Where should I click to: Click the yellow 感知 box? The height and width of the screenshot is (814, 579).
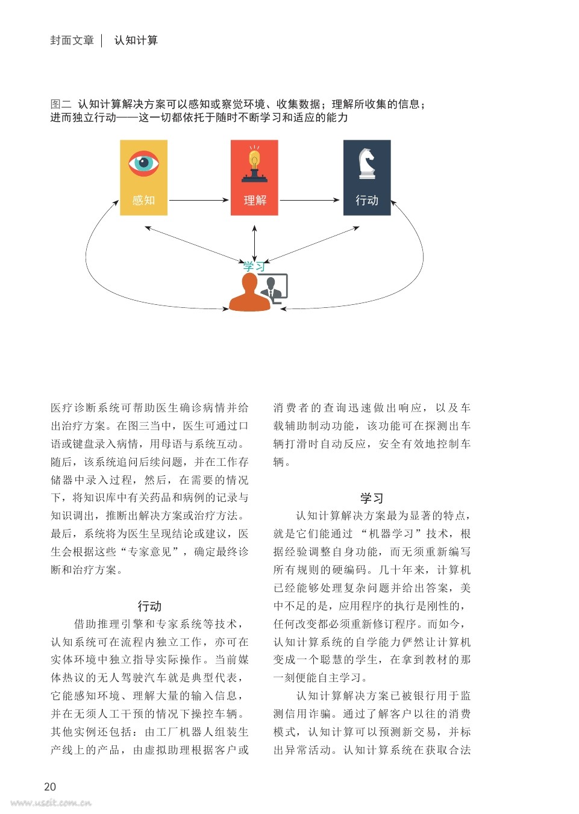[x=143, y=178]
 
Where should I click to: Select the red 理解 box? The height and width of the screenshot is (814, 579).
[x=254, y=178]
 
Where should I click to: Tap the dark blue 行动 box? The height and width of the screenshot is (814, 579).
[x=367, y=178]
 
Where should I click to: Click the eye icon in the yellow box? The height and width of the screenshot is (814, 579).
[x=143, y=163]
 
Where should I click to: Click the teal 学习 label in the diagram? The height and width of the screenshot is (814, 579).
[x=254, y=267]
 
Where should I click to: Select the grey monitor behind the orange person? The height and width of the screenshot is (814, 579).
[x=276, y=287]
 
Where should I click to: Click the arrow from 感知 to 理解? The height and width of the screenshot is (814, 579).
[x=199, y=200]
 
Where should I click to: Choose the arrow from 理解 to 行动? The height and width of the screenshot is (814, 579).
[x=310, y=200]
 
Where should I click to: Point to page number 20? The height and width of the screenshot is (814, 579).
[x=50, y=786]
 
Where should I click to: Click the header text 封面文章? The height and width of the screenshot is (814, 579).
[x=72, y=40]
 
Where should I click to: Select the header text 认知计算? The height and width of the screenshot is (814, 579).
[x=136, y=40]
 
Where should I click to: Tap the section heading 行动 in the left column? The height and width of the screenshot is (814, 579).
[x=149, y=606]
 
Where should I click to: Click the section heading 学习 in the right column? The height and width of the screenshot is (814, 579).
[x=372, y=498]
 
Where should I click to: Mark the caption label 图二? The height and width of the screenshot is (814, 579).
[x=61, y=104]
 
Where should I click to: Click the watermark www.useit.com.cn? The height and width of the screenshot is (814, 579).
[x=51, y=803]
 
